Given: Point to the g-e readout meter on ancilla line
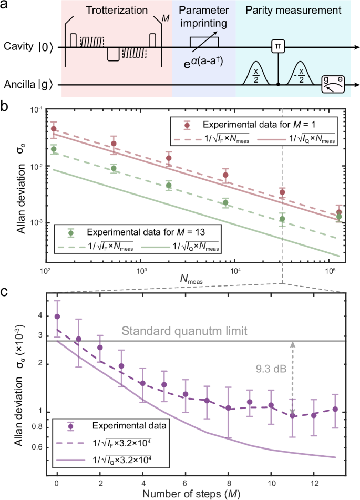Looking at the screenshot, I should point(335,84).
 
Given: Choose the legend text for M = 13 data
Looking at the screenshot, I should point(139,232).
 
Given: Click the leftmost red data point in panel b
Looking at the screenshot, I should point(53,129).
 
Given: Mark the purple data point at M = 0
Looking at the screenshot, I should point(57,317).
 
